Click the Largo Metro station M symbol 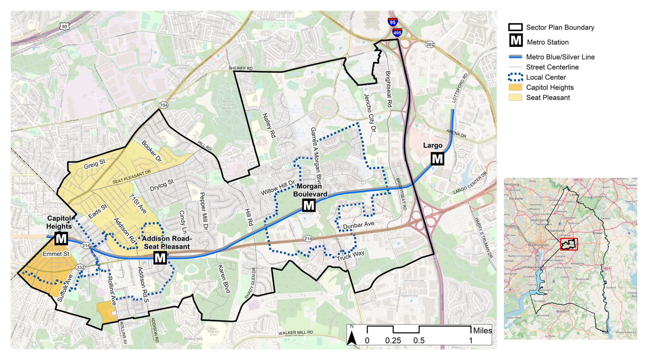point(437,159)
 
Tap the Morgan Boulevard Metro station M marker point(308,206)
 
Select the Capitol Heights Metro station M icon point(61,238)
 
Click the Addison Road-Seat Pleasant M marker point(160,258)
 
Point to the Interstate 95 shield point(392,22)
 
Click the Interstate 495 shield point(397,32)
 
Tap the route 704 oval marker point(163,105)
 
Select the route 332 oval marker point(80,267)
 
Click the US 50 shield point(65,26)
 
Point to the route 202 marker point(430,44)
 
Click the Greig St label point(94,164)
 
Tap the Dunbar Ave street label point(358,225)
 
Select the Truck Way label point(350,256)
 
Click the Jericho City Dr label point(370,113)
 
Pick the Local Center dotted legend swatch point(515,77)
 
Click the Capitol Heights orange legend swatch point(515,87)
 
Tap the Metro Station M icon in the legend point(516,41)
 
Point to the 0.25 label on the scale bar point(393,341)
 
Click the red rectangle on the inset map point(569,244)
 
